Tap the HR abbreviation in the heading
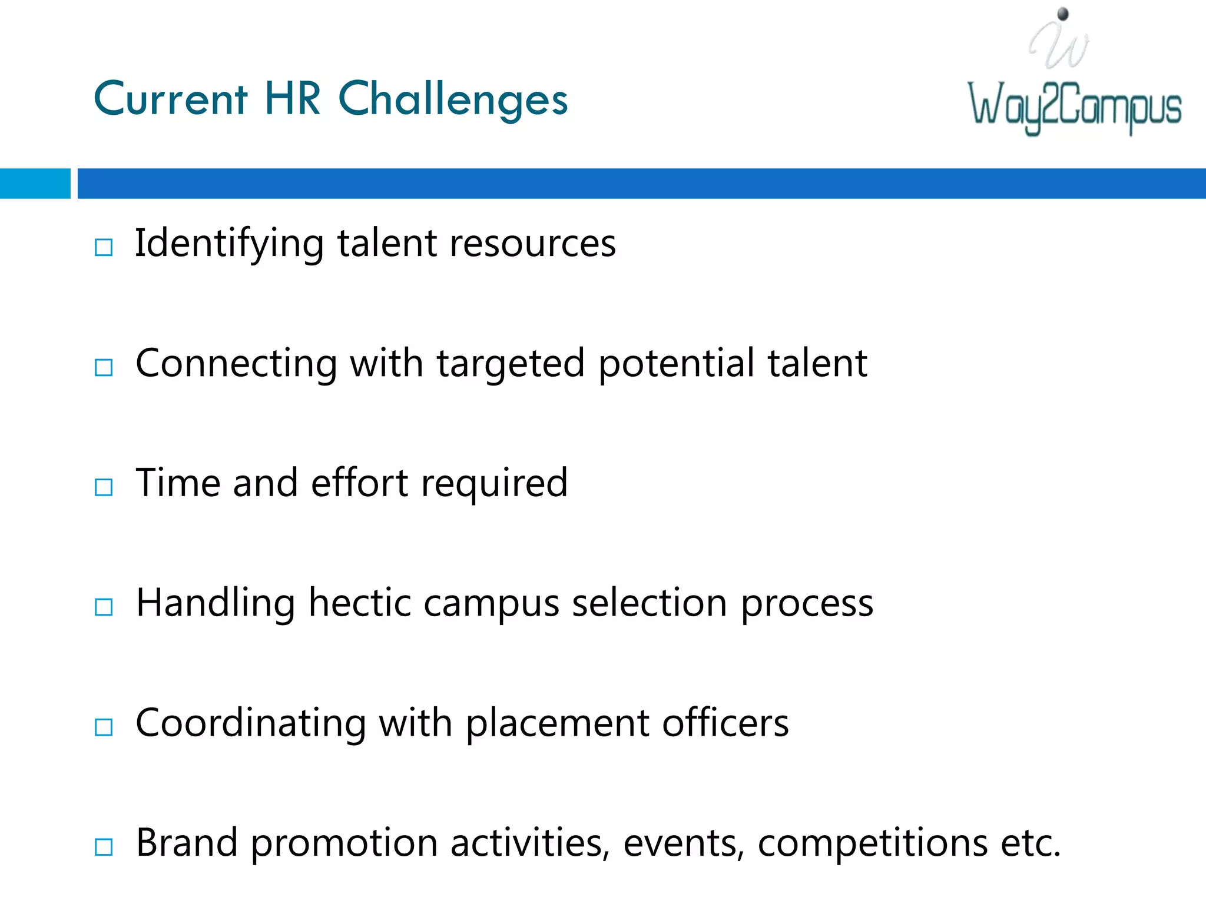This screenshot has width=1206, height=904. click(293, 98)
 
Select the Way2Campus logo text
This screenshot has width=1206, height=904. click(1075, 107)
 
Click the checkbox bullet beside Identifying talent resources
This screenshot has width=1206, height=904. click(104, 247)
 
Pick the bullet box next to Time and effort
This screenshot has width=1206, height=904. click(104, 487)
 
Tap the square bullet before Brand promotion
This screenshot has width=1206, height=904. click(104, 847)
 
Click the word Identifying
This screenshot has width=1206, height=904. click(229, 244)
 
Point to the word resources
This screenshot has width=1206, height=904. click(532, 244)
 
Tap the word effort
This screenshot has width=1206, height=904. click(359, 483)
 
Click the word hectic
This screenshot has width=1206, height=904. click(359, 603)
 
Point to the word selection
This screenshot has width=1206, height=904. click(650, 603)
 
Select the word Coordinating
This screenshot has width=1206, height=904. click(251, 723)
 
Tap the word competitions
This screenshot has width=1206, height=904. click(872, 843)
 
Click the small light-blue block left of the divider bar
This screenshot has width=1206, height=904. click(35, 184)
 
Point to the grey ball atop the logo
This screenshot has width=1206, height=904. click(1063, 14)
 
